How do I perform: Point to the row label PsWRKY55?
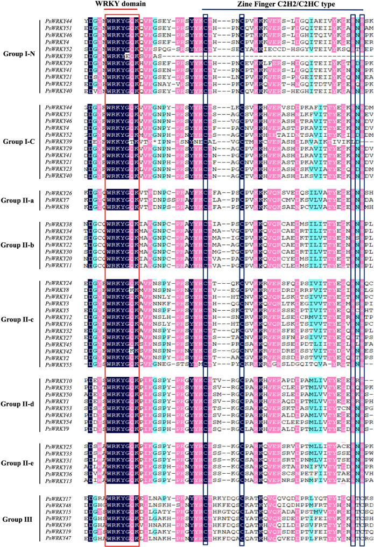[x=59, y=365]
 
